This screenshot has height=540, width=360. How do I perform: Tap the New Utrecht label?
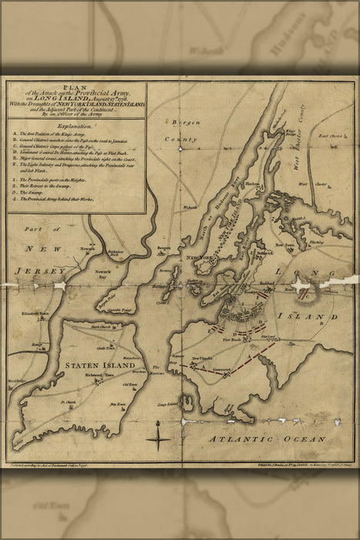point(201,359)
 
